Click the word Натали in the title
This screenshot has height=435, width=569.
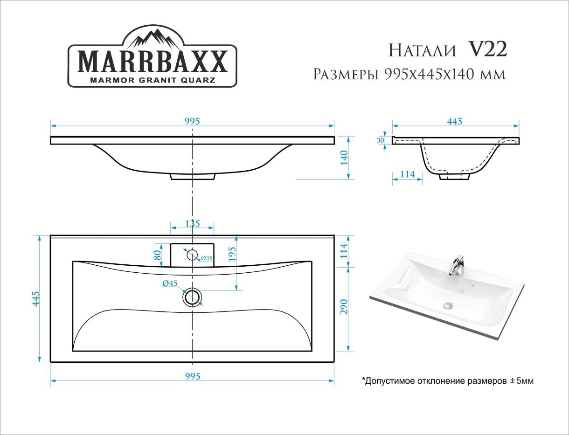[422, 50]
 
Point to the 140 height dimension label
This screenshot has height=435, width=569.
[345, 158]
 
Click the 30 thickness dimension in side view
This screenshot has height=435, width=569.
[380, 140]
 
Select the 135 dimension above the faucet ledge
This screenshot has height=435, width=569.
[193, 224]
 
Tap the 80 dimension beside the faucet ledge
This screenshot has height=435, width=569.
[157, 255]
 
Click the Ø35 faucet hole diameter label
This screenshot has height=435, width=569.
[207, 258]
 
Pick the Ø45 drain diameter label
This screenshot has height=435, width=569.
[170, 283]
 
